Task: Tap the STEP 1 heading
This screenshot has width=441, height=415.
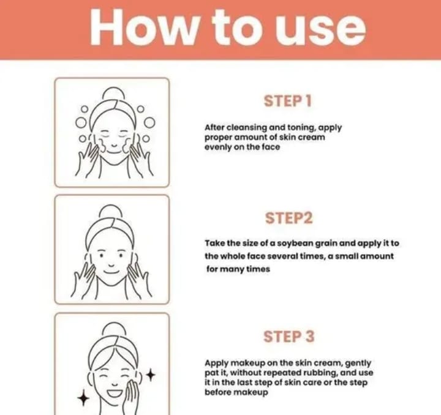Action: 288,101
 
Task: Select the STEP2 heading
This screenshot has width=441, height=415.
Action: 289,219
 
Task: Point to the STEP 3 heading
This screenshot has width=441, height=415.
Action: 289,336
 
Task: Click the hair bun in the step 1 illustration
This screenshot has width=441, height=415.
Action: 114,93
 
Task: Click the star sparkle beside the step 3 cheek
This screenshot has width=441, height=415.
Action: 151,375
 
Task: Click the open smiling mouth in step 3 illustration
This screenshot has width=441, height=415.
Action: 115,392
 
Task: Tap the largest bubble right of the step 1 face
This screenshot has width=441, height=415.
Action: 149,123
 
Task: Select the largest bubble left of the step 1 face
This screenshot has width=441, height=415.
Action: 81,122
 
